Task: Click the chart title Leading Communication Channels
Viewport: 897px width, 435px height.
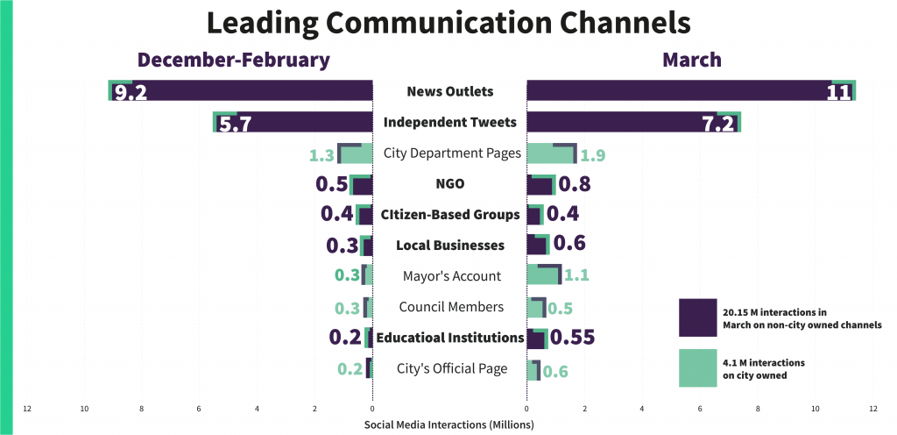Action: pos(448,22)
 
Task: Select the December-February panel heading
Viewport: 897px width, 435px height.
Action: pos(233,60)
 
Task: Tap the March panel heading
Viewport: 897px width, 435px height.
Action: pos(692,60)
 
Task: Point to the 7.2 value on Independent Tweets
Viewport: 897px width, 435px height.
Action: pos(717,123)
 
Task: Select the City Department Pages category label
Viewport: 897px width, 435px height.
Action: pos(452,153)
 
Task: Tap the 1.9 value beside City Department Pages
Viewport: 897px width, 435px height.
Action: pos(593,155)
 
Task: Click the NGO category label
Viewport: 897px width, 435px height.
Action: pos(449,184)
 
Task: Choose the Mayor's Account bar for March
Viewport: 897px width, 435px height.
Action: pos(543,275)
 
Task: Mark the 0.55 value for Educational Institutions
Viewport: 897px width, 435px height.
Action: pos(577,338)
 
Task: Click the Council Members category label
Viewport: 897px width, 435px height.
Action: pos(450,307)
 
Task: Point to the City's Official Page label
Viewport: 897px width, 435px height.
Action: pos(452,368)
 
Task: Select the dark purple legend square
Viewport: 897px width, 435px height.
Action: pos(697,317)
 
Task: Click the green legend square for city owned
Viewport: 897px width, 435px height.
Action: pos(697,368)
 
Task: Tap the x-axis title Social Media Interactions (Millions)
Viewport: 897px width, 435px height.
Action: pos(448,424)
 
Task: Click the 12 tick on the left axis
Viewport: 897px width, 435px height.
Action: pos(27,409)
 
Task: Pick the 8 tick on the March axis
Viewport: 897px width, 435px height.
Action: pos(758,409)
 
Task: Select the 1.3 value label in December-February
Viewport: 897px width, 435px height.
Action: pos(321,155)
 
